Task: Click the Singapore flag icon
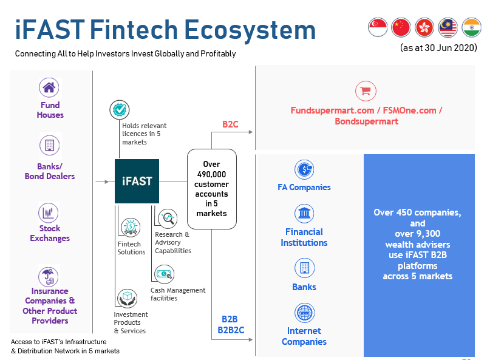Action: click(x=378, y=27)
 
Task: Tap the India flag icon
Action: click(x=471, y=27)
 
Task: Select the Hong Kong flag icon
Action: click(x=424, y=27)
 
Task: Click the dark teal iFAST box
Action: click(x=137, y=181)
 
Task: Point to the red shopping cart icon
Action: click(x=366, y=91)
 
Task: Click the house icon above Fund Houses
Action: click(x=49, y=87)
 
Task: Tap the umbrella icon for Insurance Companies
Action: click(x=49, y=276)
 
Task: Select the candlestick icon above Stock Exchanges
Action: click(x=49, y=212)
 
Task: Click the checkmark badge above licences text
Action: click(x=120, y=110)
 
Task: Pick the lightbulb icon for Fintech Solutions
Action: click(x=131, y=228)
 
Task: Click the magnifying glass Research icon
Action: click(x=168, y=218)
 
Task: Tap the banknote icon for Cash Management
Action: click(x=165, y=274)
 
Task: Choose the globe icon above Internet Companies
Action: click(x=304, y=313)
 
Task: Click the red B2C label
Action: click(x=231, y=124)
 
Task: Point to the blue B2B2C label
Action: click(x=231, y=330)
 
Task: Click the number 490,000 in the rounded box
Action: click(x=211, y=174)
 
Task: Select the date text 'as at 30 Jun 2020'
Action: click(x=438, y=48)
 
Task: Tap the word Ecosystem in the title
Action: click(x=250, y=30)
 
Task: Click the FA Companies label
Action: click(x=304, y=188)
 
